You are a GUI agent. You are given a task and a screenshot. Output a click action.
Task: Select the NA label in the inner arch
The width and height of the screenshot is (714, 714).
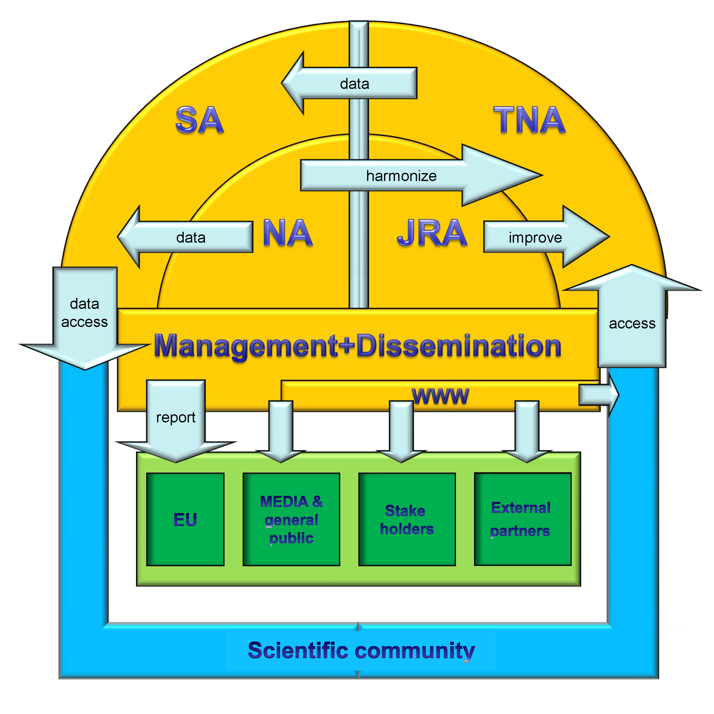(x=288, y=233)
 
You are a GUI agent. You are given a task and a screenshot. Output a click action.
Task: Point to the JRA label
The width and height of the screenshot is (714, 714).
(x=432, y=233)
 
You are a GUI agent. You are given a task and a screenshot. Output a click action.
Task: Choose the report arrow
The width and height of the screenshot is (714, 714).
(x=176, y=418)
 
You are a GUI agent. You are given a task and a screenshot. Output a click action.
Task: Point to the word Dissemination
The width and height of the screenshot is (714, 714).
(x=458, y=346)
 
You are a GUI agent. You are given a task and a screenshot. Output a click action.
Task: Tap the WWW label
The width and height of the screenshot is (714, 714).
(x=440, y=396)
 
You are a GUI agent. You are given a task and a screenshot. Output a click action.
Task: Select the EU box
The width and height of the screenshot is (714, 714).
(x=185, y=519)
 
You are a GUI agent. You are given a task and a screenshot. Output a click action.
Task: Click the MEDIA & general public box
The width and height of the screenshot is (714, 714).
(x=291, y=519)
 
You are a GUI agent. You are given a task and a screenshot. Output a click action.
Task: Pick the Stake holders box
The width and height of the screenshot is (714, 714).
(x=407, y=519)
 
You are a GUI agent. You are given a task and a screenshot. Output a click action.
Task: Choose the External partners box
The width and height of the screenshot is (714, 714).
(x=522, y=519)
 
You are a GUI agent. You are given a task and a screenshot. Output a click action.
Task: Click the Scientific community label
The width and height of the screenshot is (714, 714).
(x=361, y=651)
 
